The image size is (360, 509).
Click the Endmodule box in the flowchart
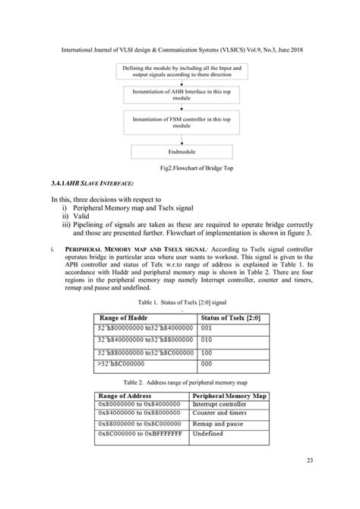point(180,151)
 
